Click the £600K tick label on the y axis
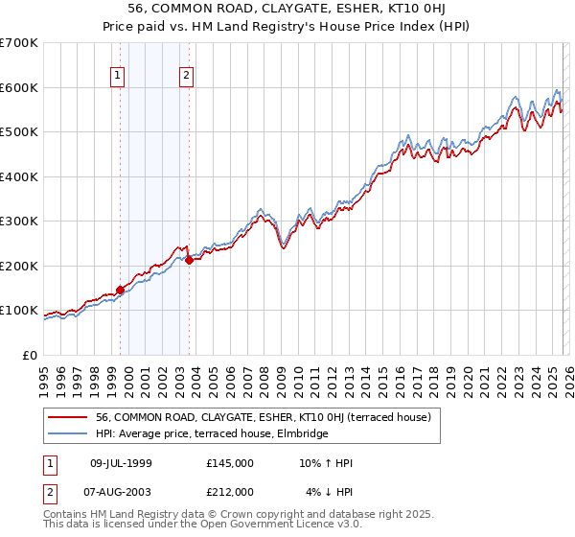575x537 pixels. (18, 87)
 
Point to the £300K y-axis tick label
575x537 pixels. (18, 222)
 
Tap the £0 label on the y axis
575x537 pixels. (29, 356)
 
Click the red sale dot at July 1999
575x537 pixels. (120, 290)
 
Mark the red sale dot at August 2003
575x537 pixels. (189, 260)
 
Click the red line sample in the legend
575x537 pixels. (68, 418)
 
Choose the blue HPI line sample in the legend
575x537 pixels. (68, 434)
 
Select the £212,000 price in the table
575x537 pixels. (230, 492)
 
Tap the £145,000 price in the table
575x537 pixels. (230, 463)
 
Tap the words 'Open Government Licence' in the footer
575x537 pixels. (274, 525)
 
